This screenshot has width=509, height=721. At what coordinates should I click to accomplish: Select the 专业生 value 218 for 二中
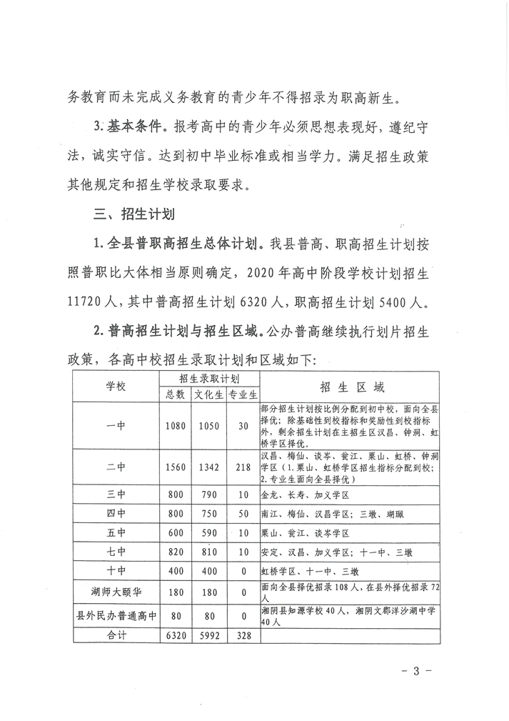(x=243, y=467)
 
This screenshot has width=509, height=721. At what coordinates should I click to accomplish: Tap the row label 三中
(x=116, y=494)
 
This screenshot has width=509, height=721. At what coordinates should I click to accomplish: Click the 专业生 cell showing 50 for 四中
(x=243, y=514)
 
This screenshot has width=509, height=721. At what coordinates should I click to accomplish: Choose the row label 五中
(x=116, y=533)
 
